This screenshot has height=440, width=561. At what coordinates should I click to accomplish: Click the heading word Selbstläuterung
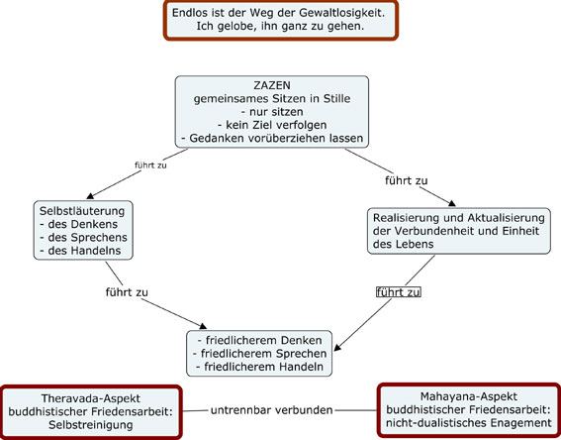[x=82, y=211]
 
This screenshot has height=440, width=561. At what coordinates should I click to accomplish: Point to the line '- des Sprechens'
[x=83, y=238]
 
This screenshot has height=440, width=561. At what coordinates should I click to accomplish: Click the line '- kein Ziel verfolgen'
[x=272, y=125]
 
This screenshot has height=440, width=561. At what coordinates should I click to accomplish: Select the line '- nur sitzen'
[x=272, y=112]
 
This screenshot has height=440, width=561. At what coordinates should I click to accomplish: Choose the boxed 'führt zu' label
[x=398, y=292]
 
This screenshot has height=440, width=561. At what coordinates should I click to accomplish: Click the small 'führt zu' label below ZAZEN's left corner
[x=150, y=165]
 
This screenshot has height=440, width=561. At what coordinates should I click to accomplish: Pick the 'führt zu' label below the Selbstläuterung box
[x=127, y=292]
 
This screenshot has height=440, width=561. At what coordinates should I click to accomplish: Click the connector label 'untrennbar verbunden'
[x=271, y=410]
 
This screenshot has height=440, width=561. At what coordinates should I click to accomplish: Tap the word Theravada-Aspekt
[x=90, y=398]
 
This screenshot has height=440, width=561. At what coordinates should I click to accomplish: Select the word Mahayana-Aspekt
[x=469, y=396]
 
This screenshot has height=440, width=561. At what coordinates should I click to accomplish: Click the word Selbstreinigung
[x=90, y=425]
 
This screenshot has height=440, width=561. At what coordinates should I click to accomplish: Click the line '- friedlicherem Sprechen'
[x=260, y=354]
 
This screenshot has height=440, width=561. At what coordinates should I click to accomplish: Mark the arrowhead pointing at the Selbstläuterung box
[x=90, y=196]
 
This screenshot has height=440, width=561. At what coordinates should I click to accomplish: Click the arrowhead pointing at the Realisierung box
[x=452, y=203]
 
